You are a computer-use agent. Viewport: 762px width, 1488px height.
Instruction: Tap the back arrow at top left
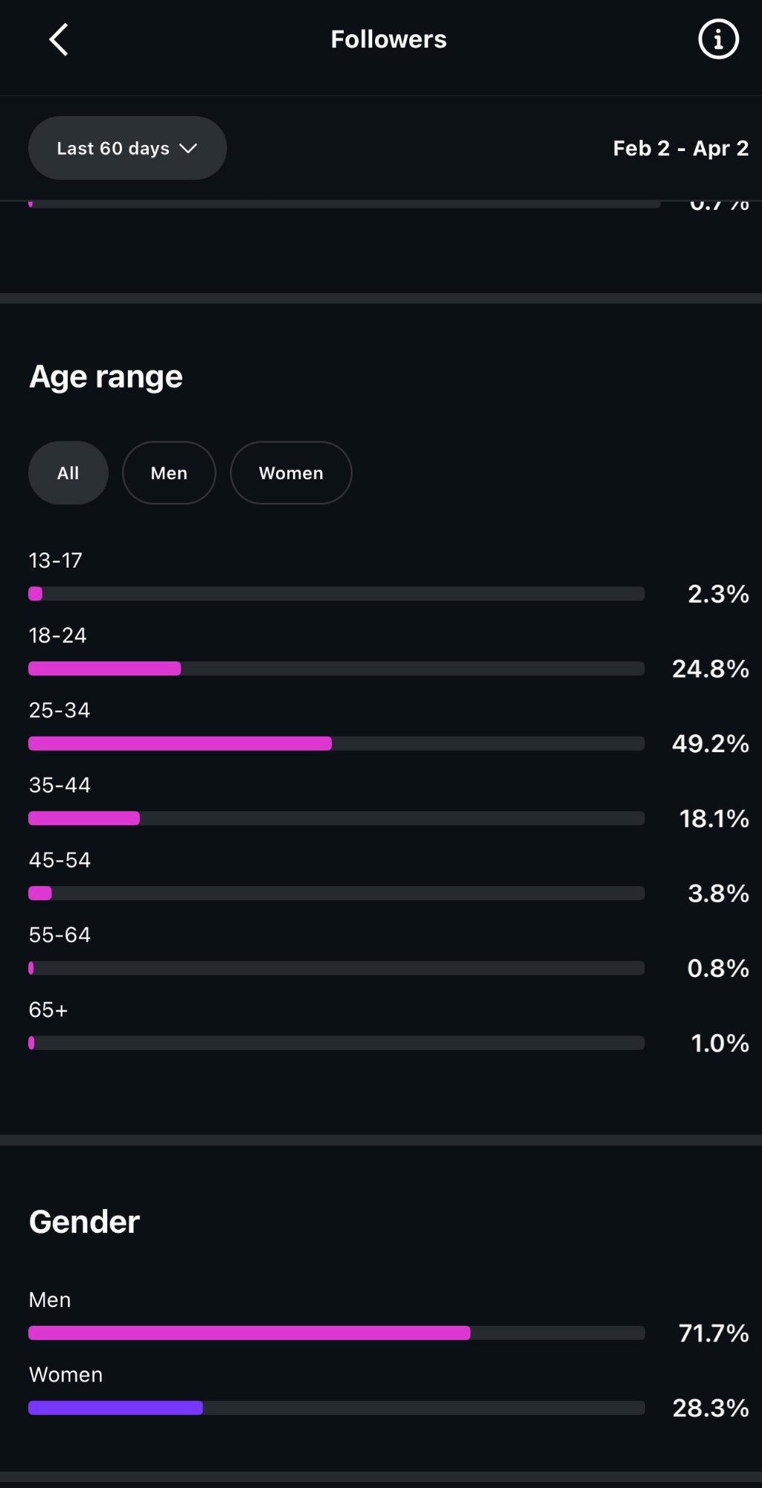59,39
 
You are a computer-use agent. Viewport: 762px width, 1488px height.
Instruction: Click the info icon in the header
718,39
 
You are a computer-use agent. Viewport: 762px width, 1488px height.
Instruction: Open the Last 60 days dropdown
127,148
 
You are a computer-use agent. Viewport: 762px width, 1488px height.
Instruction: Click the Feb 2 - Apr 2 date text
680,148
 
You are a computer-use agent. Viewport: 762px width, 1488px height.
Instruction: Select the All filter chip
68,473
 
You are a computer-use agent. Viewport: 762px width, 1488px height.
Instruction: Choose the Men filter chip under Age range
169,473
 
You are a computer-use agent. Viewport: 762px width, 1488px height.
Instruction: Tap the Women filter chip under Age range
291,473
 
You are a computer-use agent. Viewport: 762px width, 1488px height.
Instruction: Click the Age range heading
106,376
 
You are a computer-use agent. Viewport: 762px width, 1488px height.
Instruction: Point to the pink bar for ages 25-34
180,743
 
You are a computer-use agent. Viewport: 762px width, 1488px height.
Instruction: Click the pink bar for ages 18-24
104,669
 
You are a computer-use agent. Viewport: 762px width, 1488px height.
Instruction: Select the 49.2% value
710,743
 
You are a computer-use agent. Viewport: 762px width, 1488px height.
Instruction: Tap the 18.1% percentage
714,818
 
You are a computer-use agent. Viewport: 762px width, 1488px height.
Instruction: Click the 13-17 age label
55,560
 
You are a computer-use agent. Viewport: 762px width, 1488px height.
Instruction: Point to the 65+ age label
48,1010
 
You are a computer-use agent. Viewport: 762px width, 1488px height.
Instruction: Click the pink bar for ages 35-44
84,818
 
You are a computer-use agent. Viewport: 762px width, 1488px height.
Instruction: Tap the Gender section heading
84,1222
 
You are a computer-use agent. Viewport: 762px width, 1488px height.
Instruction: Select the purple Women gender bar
115,1408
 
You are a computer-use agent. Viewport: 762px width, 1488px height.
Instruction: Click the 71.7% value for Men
713,1333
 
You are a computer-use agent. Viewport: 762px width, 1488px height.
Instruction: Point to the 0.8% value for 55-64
717,968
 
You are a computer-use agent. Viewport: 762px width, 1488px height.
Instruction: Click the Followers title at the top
388,39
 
